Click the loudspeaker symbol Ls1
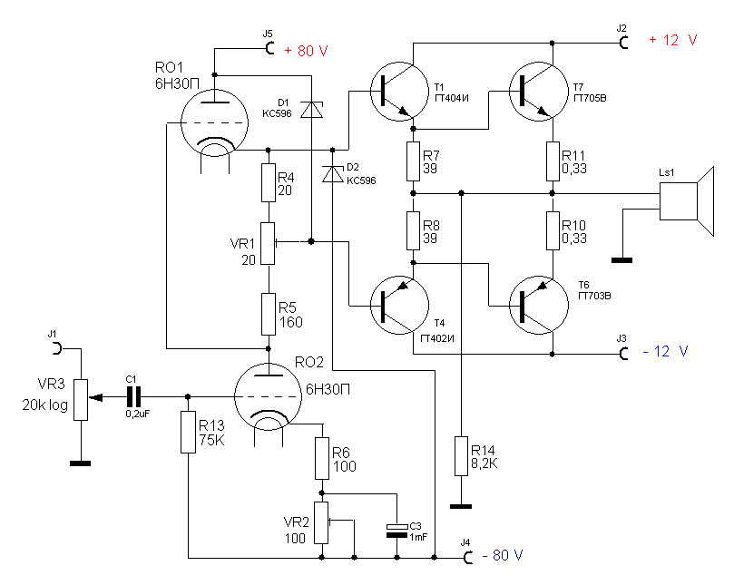[687, 201]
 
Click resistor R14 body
[461, 456]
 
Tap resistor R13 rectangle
[188, 432]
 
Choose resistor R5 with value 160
[269, 314]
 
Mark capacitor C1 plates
[134, 397]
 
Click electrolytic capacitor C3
[397, 531]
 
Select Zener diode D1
[311, 110]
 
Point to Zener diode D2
[332, 174]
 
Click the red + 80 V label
[306, 51]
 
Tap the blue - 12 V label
[665, 351]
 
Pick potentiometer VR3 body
[81, 400]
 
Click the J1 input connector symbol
[57, 348]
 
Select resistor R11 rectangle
[553, 161]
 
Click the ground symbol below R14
[461, 506]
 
